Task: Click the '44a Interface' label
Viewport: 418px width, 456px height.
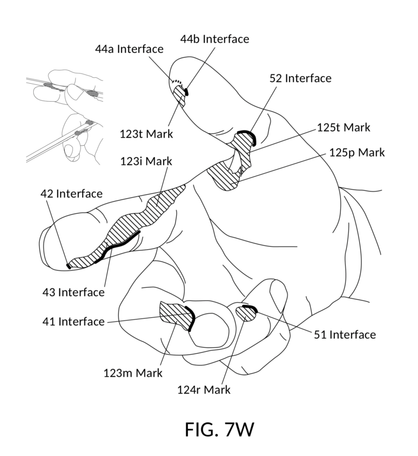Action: point(129,49)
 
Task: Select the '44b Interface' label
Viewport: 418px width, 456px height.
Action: point(214,39)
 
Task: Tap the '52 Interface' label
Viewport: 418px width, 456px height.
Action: point(300,78)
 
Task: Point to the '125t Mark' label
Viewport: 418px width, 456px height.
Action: point(343,127)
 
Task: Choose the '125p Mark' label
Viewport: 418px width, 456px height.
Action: point(357,152)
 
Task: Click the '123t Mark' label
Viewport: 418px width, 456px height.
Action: point(146,134)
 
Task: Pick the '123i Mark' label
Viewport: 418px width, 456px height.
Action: point(146,161)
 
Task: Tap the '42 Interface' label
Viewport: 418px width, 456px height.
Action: point(71,193)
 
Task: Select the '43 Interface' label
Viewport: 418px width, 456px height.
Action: point(73,292)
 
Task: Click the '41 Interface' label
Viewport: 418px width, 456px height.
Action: point(73,322)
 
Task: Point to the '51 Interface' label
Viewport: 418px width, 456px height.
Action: point(345,335)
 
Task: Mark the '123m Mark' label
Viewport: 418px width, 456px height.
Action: point(133,373)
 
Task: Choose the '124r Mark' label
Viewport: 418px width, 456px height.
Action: point(204,390)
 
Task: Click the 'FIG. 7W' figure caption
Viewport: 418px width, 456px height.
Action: point(219,429)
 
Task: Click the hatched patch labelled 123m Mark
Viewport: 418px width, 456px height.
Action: point(177,316)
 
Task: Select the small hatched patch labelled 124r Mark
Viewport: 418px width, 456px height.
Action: point(245,314)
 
